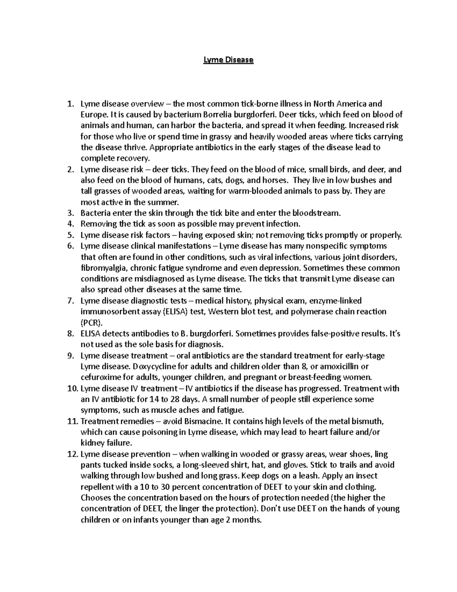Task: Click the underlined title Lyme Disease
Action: (228, 60)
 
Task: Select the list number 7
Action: (70, 301)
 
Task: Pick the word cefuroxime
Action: (100, 378)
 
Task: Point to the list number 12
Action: (71, 454)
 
